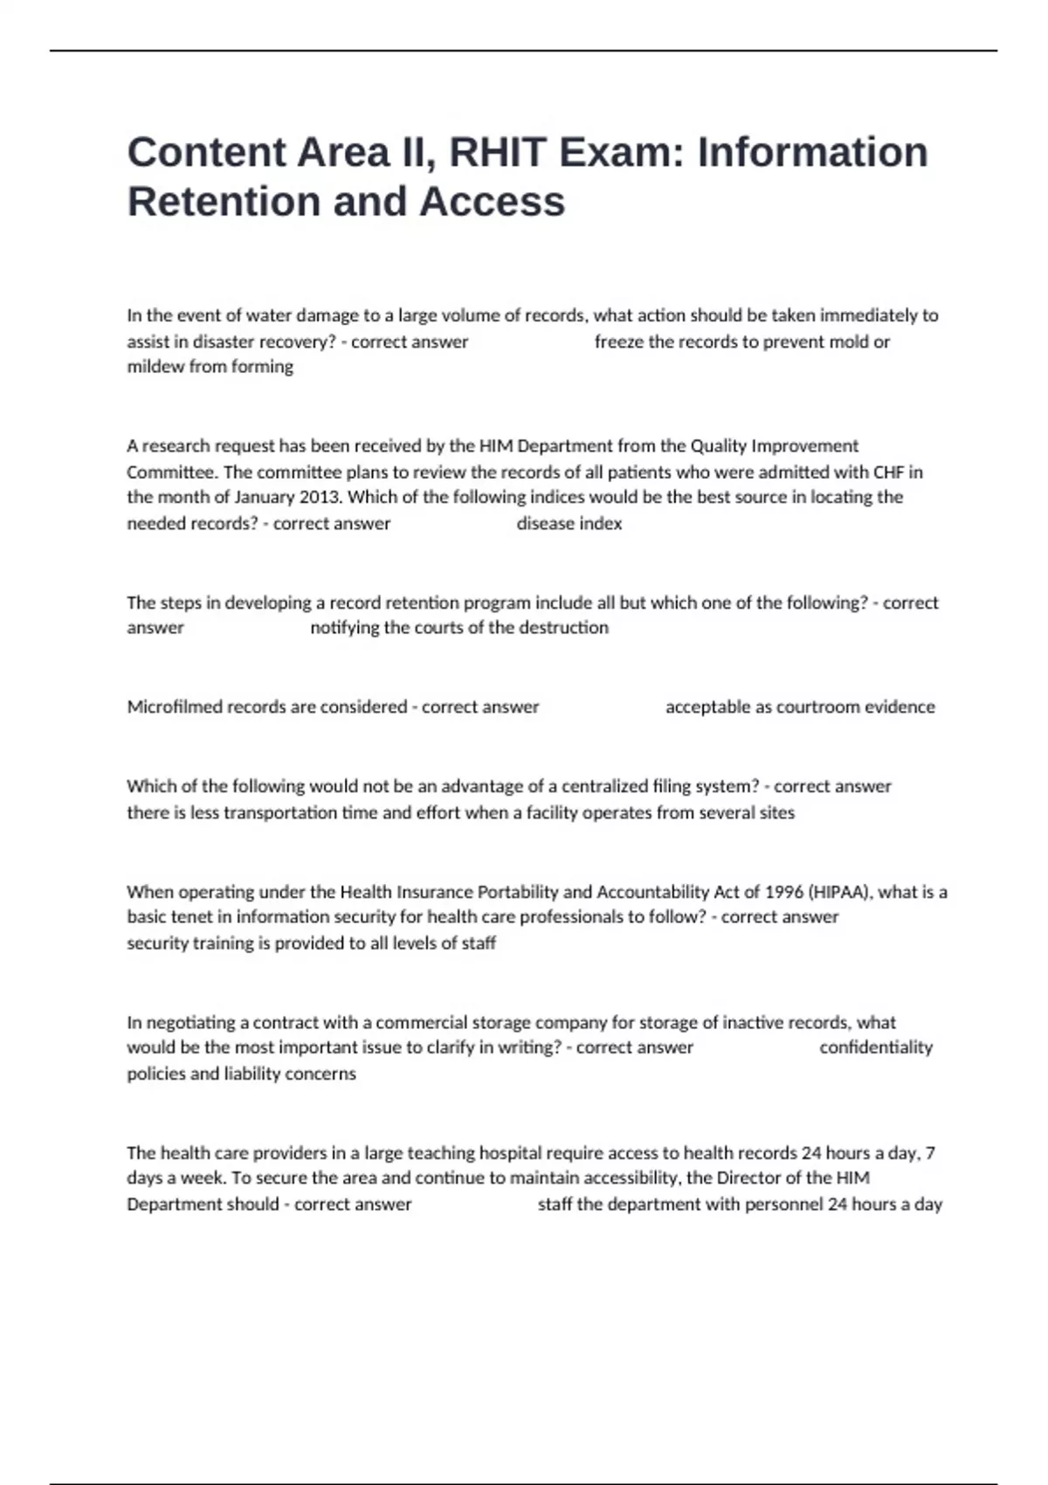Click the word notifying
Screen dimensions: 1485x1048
pyautogui.click(x=345, y=627)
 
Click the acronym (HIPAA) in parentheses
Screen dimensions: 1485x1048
pyautogui.click(x=840, y=892)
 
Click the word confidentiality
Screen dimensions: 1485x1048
pyautogui.click(x=876, y=1047)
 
